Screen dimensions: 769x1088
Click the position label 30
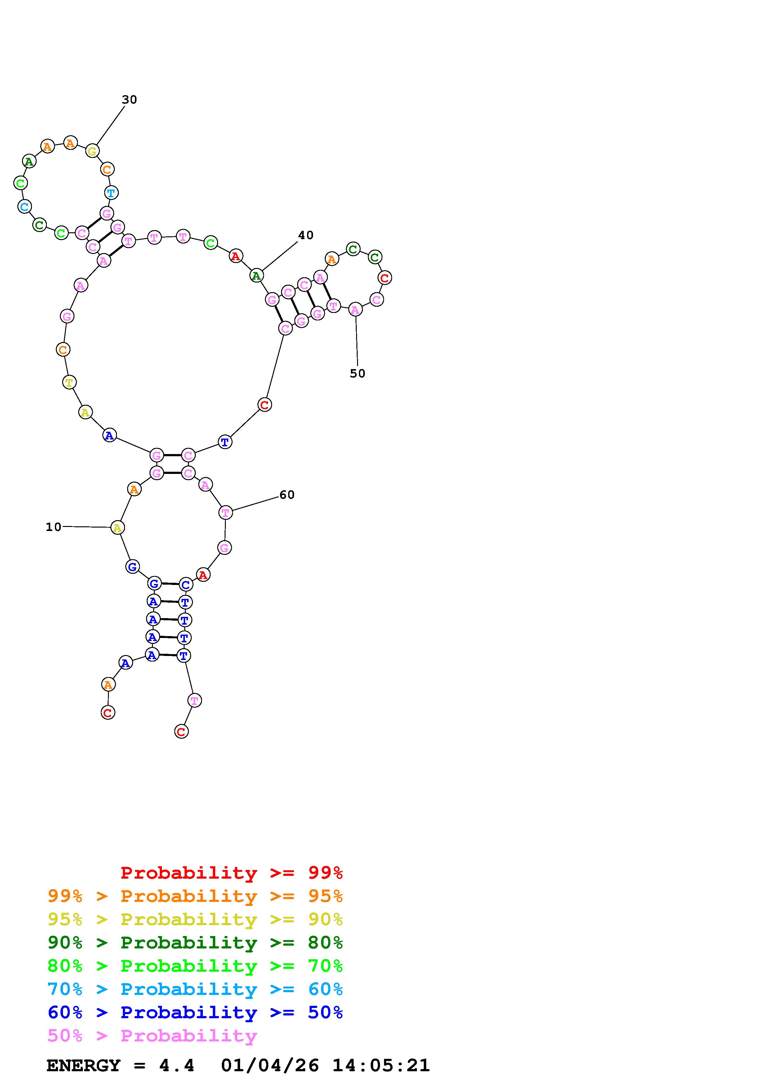pyautogui.click(x=129, y=100)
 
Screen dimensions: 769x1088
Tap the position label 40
pyautogui.click(x=306, y=235)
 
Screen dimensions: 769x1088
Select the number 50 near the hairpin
pyautogui.click(x=358, y=373)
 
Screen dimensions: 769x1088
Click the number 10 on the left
pyautogui.click(x=54, y=527)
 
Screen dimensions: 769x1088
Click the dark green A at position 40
pyautogui.click(x=256, y=275)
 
